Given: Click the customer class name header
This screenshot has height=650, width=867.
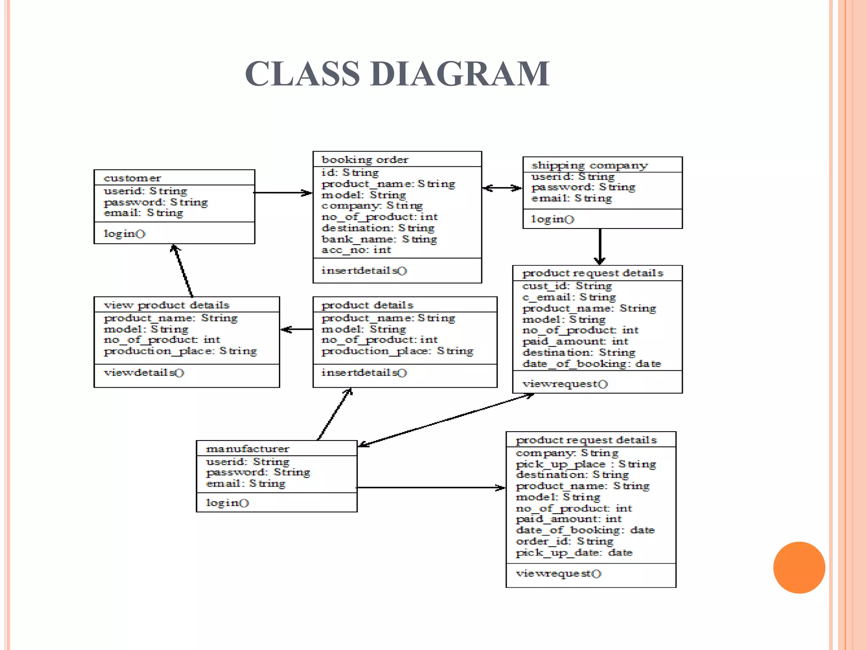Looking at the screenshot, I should click(132, 178).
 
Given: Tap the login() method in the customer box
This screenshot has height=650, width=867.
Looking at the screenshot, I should click(124, 234).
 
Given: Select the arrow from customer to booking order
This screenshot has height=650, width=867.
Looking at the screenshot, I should click(283, 193).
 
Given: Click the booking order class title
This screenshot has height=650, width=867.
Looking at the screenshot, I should click(364, 160).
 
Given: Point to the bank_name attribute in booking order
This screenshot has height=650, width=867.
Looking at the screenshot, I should click(379, 239).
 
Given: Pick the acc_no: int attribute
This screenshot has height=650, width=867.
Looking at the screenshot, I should click(356, 250).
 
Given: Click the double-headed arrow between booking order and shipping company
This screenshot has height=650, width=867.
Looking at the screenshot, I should click(502, 188).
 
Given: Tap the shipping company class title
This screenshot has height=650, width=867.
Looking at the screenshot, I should click(589, 165).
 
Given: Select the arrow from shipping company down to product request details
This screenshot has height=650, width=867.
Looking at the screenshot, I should click(600, 246).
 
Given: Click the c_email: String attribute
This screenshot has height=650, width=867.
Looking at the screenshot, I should click(569, 297).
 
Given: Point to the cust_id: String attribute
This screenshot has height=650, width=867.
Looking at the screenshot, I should click(567, 286).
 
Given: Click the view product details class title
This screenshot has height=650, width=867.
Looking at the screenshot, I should click(166, 305).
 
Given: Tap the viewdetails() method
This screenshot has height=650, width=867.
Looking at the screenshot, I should click(144, 373).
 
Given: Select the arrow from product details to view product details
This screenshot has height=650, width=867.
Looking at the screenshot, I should click(297, 329).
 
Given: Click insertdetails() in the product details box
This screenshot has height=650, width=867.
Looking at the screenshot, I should click(364, 373).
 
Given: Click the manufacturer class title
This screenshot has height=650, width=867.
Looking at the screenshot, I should click(247, 449).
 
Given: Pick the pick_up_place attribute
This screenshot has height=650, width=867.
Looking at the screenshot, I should click(585, 464).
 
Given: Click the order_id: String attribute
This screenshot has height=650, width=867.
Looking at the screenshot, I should click(564, 541).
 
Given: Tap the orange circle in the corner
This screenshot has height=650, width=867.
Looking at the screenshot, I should click(799, 567).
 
